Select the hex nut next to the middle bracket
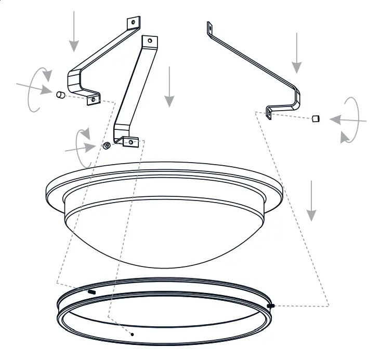pyautogui.click(x=107, y=145)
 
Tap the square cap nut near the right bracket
pyautogui.click(x=315, y=118)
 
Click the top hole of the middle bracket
pyautogui.click(x=150, y=41)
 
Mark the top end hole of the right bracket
pyautogui.click(x=209, y=26)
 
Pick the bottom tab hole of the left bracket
pyautogui.click(x=94, y=98)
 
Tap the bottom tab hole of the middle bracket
pyautogui.click(x=130, y=140)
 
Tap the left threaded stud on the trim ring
pyautogui.click(x=92, y=292)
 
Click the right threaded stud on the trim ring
pyautogui.click(x=271, y=306)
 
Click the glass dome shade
pyautogui.click(x=166, y=229)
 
